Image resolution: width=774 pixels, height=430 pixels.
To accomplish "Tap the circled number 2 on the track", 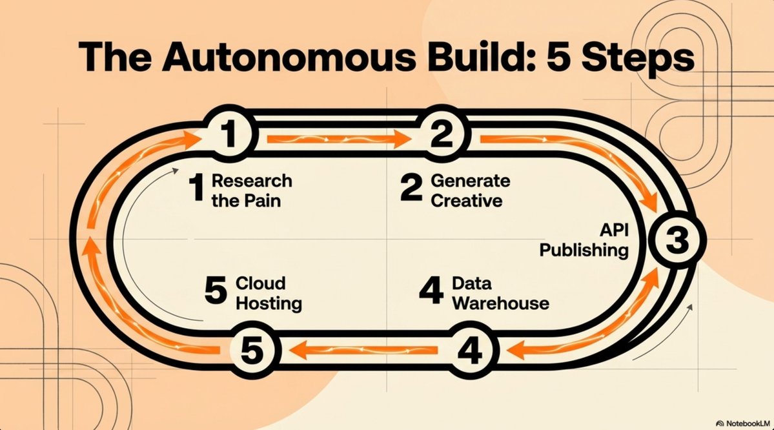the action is (x=441, y=134).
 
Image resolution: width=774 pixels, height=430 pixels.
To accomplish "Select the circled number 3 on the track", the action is (x=677, y=240).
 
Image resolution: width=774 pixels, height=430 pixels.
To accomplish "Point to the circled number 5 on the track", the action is (x=253, y=350).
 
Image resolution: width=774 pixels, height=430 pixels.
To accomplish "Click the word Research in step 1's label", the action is (x=252, y=181).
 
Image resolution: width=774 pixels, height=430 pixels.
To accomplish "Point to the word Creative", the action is (x=467, y=200).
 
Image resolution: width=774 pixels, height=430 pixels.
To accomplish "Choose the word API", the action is (x=614, y=230).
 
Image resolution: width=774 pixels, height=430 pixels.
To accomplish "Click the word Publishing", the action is (x=584, y=250).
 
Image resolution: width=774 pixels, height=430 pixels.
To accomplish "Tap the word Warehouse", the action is (x=500, y=303).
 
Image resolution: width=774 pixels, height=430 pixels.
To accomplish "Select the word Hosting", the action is (x=269, y=303).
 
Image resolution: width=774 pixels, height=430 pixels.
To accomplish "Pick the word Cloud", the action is (x=261, y=283).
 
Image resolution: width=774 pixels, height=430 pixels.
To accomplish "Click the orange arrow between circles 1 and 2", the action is (x=339, y=139).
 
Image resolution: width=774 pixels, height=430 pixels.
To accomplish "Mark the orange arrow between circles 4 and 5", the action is (x=363, y=351).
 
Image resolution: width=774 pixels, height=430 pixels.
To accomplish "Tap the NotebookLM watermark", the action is (x=743, y=424).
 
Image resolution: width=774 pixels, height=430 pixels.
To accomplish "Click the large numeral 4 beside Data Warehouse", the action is (x=431, y=291).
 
